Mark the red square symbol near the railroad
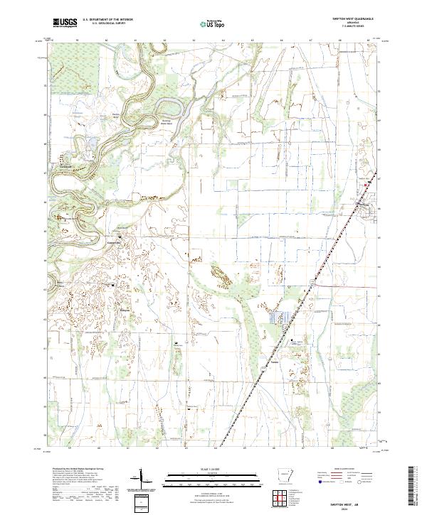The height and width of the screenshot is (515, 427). coord(367,185)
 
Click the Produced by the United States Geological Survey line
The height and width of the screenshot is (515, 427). coord(78,470)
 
